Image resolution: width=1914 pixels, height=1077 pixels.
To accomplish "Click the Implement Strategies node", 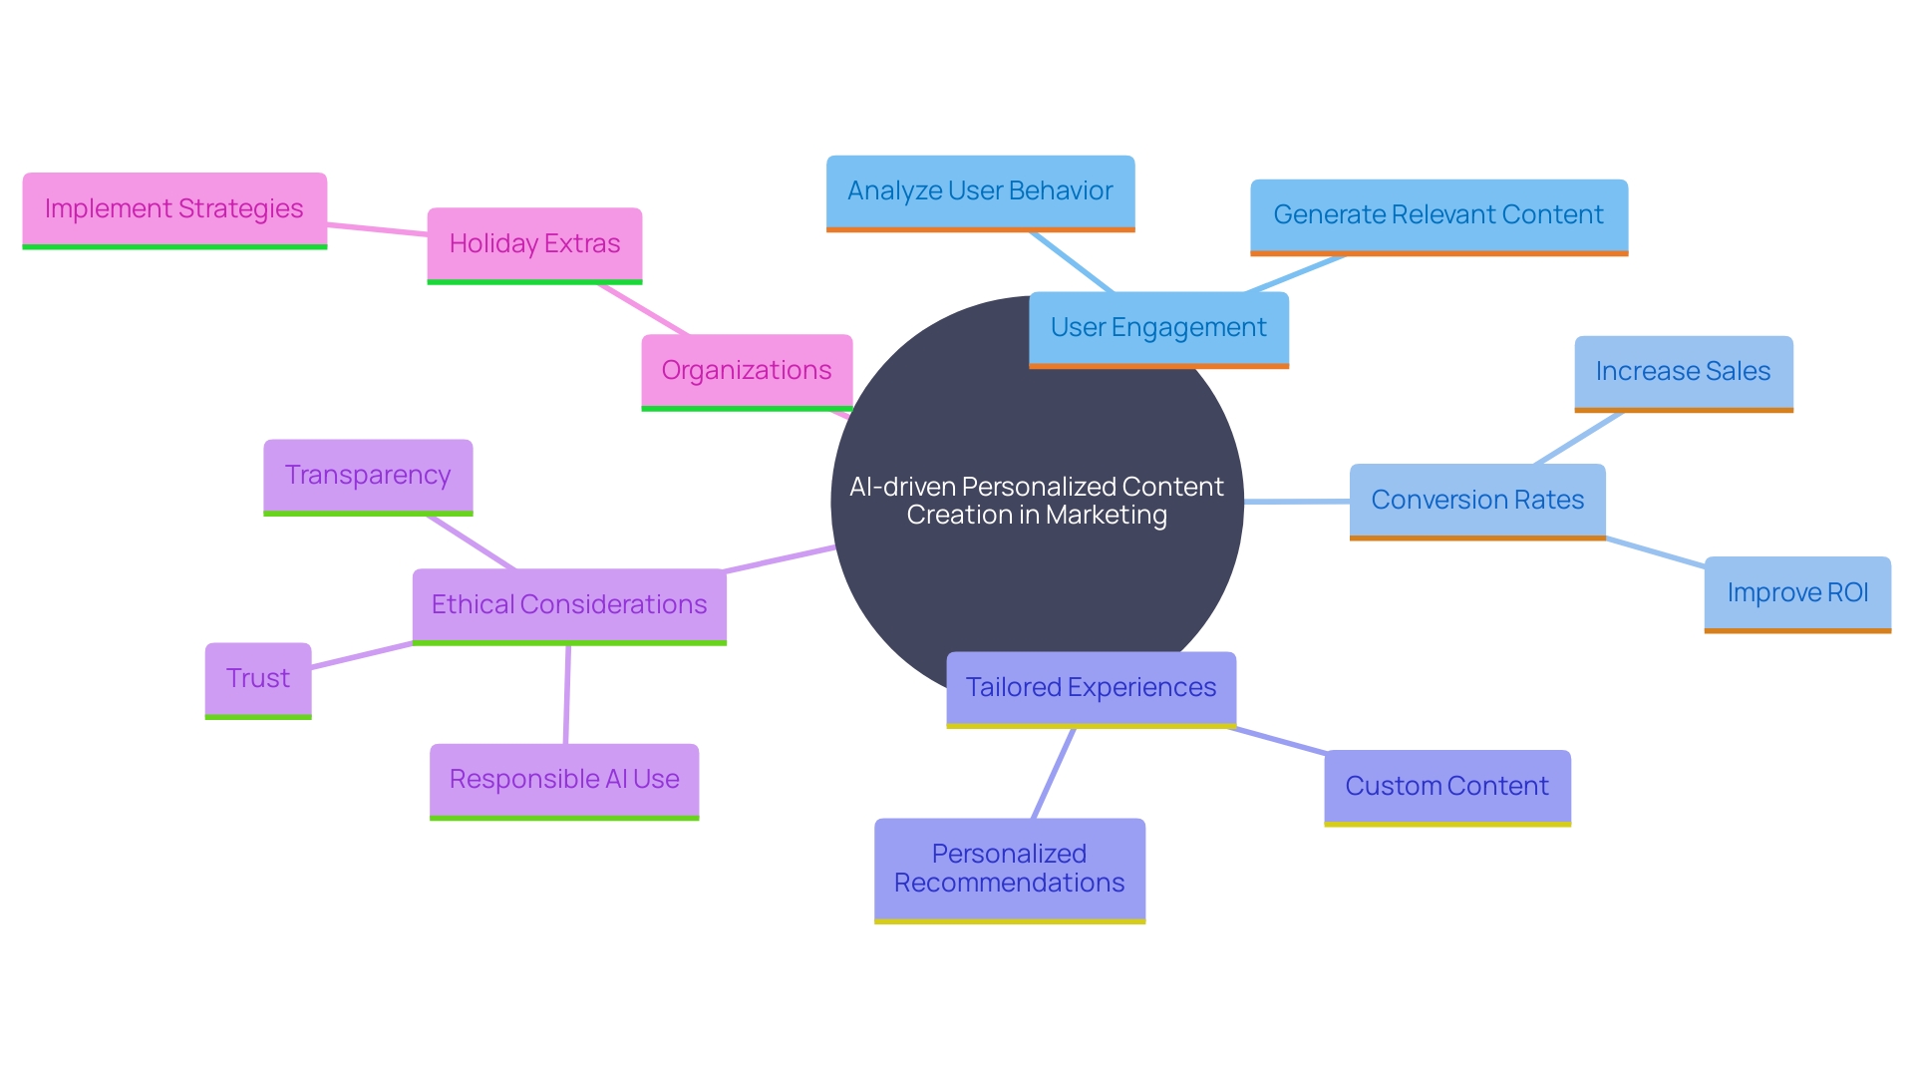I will click(x=174, y=209).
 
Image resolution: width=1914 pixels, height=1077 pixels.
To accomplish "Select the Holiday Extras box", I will click(x=534, y=244).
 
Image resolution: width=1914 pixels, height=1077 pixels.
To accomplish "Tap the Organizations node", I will click(x=747, y=371).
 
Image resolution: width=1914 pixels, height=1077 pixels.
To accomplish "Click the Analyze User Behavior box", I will click(x=980, y=191).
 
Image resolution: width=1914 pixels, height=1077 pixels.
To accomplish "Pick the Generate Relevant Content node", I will click(x=1438, y=215).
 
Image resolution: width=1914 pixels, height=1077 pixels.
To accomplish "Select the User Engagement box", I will click(x=1158, y=328).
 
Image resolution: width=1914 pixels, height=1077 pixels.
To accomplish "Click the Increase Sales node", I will click(x=1683, y=372).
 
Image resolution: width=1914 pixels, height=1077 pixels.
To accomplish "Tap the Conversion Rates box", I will click(x=1477, y=501).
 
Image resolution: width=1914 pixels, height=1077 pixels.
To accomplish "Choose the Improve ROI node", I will click(x=1797, y=593).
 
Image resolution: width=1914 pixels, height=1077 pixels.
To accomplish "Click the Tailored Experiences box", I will click(x=1091, y=688).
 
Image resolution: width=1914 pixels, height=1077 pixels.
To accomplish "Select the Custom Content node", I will click(x=1446, y=787).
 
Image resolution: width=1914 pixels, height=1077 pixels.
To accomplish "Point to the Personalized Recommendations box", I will click(x=1009, y=869).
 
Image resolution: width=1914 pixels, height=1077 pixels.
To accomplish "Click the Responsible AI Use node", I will click(x=564, y=780).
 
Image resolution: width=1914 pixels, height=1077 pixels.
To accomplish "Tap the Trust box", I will click(x=258, y=679).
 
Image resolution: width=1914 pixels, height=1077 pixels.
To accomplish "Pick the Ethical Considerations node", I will click(x=569, y=605).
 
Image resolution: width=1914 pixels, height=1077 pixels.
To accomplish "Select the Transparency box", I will click(x=368, y=476).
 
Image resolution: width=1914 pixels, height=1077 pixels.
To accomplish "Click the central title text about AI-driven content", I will click(x=1036, y=501).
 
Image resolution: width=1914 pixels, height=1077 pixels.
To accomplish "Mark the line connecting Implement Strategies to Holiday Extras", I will click(x=377, y=229).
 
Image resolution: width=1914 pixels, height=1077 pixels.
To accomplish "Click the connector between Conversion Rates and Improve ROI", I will click(x=1655, y=552).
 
